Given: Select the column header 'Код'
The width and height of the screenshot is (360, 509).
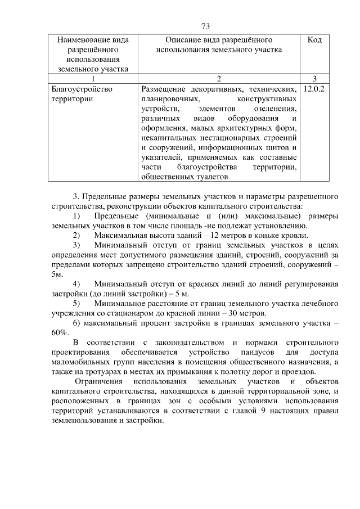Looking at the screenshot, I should click(315, 40).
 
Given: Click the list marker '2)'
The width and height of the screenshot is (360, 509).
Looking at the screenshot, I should click(76, 235).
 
